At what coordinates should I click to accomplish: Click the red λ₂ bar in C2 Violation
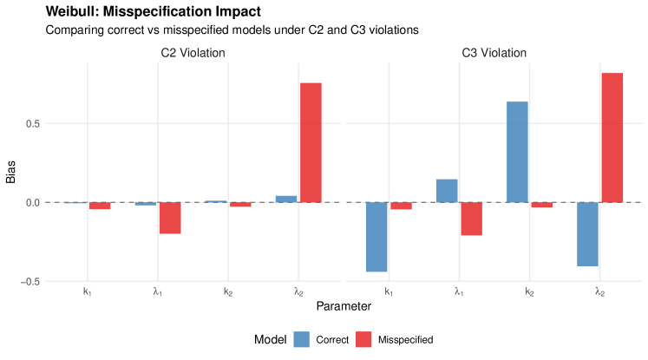tap(311, 142)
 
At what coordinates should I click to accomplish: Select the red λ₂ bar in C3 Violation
tap(612, 137)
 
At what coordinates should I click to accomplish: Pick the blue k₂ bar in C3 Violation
tap(517, 152)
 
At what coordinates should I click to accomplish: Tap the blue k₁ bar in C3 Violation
tap(376, 237)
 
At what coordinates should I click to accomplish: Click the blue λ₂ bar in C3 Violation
tap(587, 234)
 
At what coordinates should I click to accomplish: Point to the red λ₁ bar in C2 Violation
tap(170, 218)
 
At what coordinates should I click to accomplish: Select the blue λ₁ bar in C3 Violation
tap(447, 191)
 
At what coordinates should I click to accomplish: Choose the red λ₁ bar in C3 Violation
tap(471, 219)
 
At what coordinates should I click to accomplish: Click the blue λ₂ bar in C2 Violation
tap(286, 199)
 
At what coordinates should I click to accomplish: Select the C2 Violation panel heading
tap(193, 53)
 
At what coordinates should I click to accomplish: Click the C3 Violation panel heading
tap(494, 53)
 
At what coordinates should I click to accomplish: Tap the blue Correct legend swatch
tap(302, 339)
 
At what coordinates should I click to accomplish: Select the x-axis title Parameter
tap(344, 306)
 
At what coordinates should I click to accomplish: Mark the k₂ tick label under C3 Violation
tap(529, 292)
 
